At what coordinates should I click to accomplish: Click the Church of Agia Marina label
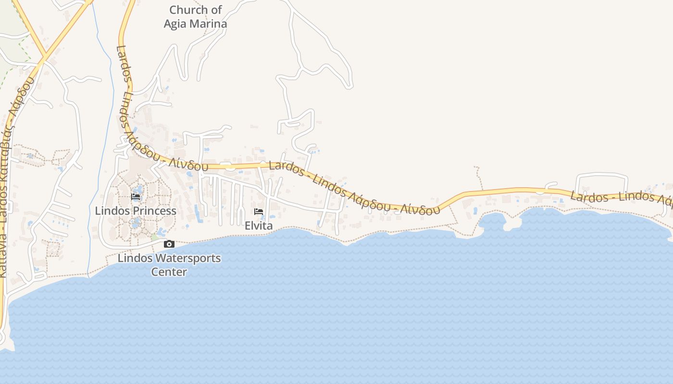point(195,17)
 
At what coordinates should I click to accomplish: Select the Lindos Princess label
point(136,211)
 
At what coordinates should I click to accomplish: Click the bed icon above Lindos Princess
point(136,197)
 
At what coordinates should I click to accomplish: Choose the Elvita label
point(259,226)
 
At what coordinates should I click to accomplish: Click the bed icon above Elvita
point(259,212)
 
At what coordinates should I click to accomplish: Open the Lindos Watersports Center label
point(169,265)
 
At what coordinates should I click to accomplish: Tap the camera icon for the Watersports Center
point(169,244)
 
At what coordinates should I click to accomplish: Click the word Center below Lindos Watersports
point(169,272)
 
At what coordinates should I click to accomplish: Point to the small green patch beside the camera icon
point(154,237)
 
